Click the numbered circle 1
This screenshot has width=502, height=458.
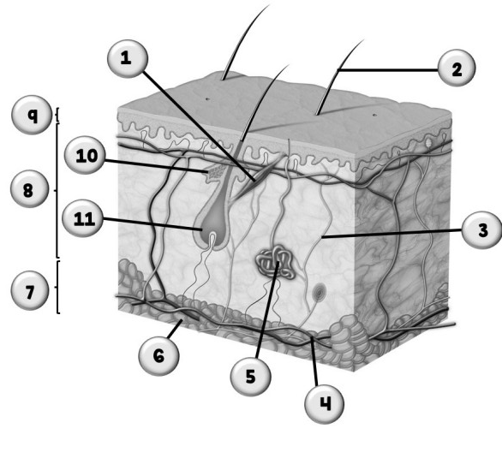tap(128, 58)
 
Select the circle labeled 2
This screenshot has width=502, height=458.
tap(457, 68)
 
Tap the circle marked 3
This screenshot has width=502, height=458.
tap(482, 229)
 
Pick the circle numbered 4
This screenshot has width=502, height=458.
tap(325, 404)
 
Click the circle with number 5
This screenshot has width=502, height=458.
tap(251, 376)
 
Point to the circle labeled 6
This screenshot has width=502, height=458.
tap(158, 355)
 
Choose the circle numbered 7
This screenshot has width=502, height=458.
tap(30, 290)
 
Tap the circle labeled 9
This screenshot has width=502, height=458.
tap(32, 114)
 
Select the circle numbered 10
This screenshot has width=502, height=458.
tap(85, 156)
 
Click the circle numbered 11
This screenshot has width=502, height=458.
tap(83, 218)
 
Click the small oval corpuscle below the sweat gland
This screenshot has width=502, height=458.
tap(319, 292)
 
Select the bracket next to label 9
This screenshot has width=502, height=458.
tap(57, 115)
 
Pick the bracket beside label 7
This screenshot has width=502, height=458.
tap(57, 287)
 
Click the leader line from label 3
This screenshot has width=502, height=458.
tap(392, 234)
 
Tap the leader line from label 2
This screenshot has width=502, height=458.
tap(388, 69)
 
